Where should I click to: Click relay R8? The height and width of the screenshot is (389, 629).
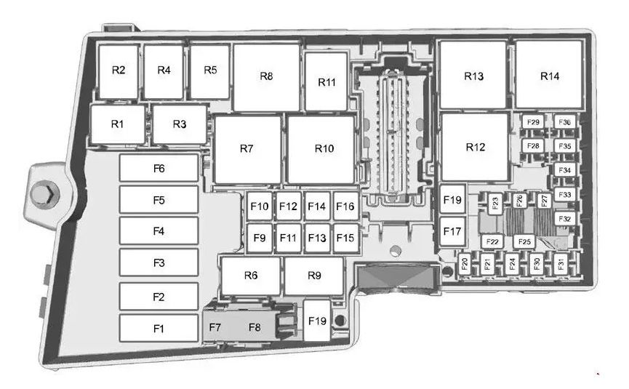point(266,77)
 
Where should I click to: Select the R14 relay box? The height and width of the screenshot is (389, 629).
point(549,75)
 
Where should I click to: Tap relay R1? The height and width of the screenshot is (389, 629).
point(118,124)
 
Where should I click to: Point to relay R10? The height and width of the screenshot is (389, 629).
point(321,150)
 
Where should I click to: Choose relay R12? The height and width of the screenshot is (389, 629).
point(475,147)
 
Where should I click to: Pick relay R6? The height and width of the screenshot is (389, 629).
point(251,276)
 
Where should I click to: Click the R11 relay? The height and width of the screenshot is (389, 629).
point(326,81)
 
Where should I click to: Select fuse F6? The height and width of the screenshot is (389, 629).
point(159,168)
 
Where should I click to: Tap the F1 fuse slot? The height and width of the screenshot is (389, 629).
point(159,328)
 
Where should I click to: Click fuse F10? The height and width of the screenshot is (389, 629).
point(260,206)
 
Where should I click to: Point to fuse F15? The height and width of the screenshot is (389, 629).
point(346,238)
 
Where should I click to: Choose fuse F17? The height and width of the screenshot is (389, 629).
point(452,231)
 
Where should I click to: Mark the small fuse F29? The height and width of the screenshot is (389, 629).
point(533,122)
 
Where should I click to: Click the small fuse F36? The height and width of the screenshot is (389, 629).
point(565,122)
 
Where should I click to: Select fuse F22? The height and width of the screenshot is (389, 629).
point(492,241)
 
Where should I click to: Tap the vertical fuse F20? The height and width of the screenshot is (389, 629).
point(465,263)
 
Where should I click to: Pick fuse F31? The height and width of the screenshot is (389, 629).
point(561,263)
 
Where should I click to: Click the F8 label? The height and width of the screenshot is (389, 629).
point(255,327)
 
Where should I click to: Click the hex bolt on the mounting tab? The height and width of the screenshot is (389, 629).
point(45,195)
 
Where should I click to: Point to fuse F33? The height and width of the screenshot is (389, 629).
point(565,195)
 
